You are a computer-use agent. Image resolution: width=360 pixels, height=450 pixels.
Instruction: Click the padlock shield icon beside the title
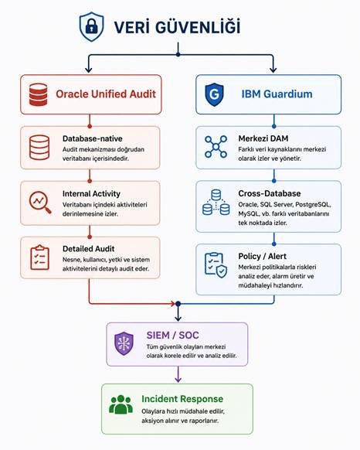point(91,27)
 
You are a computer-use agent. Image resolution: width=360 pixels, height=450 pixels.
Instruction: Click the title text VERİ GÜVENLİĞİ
point(177,27)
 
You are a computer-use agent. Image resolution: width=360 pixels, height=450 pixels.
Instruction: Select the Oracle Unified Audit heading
point(106,94)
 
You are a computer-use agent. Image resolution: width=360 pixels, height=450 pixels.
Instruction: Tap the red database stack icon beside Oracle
point(38,94)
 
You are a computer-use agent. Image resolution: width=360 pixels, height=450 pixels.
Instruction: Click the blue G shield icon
point(214,94)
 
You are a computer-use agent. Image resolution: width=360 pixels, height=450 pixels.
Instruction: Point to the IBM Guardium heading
point(277,94)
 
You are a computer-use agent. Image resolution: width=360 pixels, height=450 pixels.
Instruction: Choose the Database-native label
point(93,138)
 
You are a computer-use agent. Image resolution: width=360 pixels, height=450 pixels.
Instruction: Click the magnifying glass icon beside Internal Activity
point(40,203)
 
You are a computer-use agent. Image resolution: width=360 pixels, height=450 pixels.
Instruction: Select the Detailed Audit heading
point(88,248)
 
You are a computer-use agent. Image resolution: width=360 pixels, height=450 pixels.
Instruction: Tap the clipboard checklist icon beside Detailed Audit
point(39,257)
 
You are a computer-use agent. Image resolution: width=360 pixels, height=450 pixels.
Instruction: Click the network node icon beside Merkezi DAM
point(216,147)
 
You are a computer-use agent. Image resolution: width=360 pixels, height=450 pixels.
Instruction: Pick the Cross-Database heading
point(270,193)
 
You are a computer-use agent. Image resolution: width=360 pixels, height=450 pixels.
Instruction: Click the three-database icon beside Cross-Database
point(216,203)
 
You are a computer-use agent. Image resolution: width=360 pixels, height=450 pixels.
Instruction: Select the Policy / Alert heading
point(262,256)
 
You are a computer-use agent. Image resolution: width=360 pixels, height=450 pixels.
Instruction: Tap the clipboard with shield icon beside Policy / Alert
point(216,265)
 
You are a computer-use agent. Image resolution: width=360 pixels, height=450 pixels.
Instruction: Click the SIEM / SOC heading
point(173,335)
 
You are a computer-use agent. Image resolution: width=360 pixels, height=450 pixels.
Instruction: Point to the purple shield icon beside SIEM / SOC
point(124,343)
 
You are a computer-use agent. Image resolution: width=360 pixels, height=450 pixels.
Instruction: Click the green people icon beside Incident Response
point(121,404)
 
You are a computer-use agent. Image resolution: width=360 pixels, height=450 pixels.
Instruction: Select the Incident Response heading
point(182,399)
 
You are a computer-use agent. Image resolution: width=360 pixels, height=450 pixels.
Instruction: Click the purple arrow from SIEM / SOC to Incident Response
point(178,374)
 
